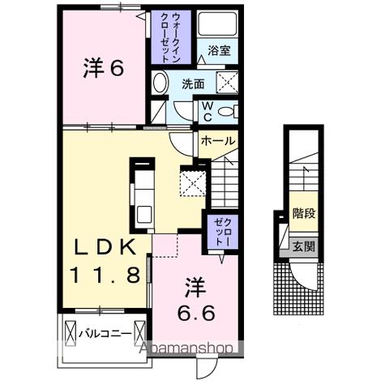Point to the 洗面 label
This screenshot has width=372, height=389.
193,83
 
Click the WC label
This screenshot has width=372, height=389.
207,109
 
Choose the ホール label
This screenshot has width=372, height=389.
217,141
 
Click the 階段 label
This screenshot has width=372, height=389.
303,215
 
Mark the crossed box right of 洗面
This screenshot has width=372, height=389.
228,81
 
